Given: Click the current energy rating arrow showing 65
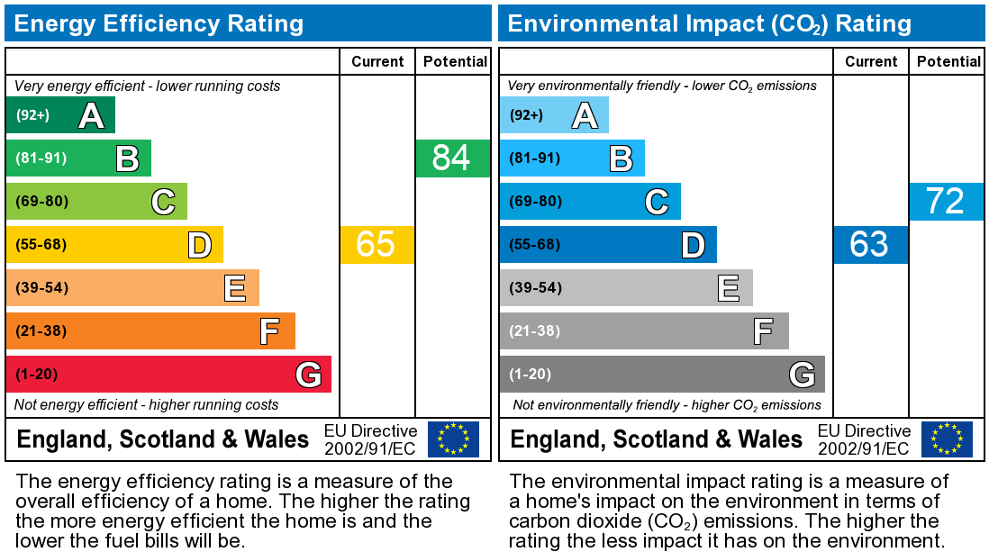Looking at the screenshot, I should click(x=377, y=245).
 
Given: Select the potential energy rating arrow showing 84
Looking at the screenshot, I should click(x=452, y=158).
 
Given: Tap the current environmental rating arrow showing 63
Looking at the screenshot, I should click(x=870, y=245).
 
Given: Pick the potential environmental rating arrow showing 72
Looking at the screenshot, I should click(x=946, y=202).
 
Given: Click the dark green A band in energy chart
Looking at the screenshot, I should click(x=59, y=115).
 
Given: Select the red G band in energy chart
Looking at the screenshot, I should click(x=168, y=375).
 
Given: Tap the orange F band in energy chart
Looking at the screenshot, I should click(x=150, y=331).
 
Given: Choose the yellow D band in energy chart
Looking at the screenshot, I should click(x=114, y=245).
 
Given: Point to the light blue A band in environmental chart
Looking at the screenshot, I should click(x=553, y=115).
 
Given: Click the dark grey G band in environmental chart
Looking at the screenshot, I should click(x=662, y=375).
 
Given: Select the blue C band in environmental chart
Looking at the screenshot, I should click(x=590, y=202).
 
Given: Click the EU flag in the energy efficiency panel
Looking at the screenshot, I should click(x=453, y=439).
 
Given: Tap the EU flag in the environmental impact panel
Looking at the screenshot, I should click(x=947, y=439).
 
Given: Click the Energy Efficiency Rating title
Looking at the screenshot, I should click(x=159, y=23).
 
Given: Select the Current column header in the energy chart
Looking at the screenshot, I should click(x=377, y=61).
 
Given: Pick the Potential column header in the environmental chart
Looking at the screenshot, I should click(x=948, y=61).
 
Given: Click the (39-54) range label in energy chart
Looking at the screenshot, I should click(x=41, y=288).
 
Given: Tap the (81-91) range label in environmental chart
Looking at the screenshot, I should click(x=535, y=158).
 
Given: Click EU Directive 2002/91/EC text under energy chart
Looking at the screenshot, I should click(x=370, y=439).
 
